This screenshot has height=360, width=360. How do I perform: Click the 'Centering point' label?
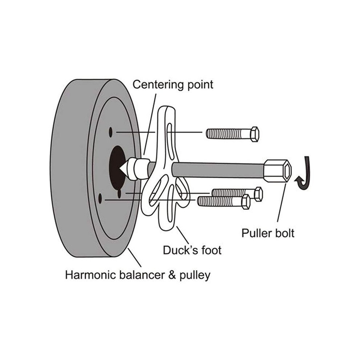(x=173, y=85)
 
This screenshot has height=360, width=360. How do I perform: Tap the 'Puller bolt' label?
(x=268, y=233)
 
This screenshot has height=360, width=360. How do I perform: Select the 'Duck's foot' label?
(x=192, y=250)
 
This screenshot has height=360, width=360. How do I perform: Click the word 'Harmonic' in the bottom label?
(x=91, y=275)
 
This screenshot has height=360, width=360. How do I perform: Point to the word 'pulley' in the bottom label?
(x=195, y=276)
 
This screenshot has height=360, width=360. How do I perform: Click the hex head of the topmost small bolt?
(x=255, y=134)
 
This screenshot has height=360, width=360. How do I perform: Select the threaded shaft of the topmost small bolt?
(x=229, y=133)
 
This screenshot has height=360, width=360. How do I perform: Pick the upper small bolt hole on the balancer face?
(x=111, y=132)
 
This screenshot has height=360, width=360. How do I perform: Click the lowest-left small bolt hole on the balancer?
(x=100, y=199)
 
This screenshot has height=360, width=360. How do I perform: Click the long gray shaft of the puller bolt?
(x=218, y=169)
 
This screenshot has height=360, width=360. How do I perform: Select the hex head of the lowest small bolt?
(x=246, y=202)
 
